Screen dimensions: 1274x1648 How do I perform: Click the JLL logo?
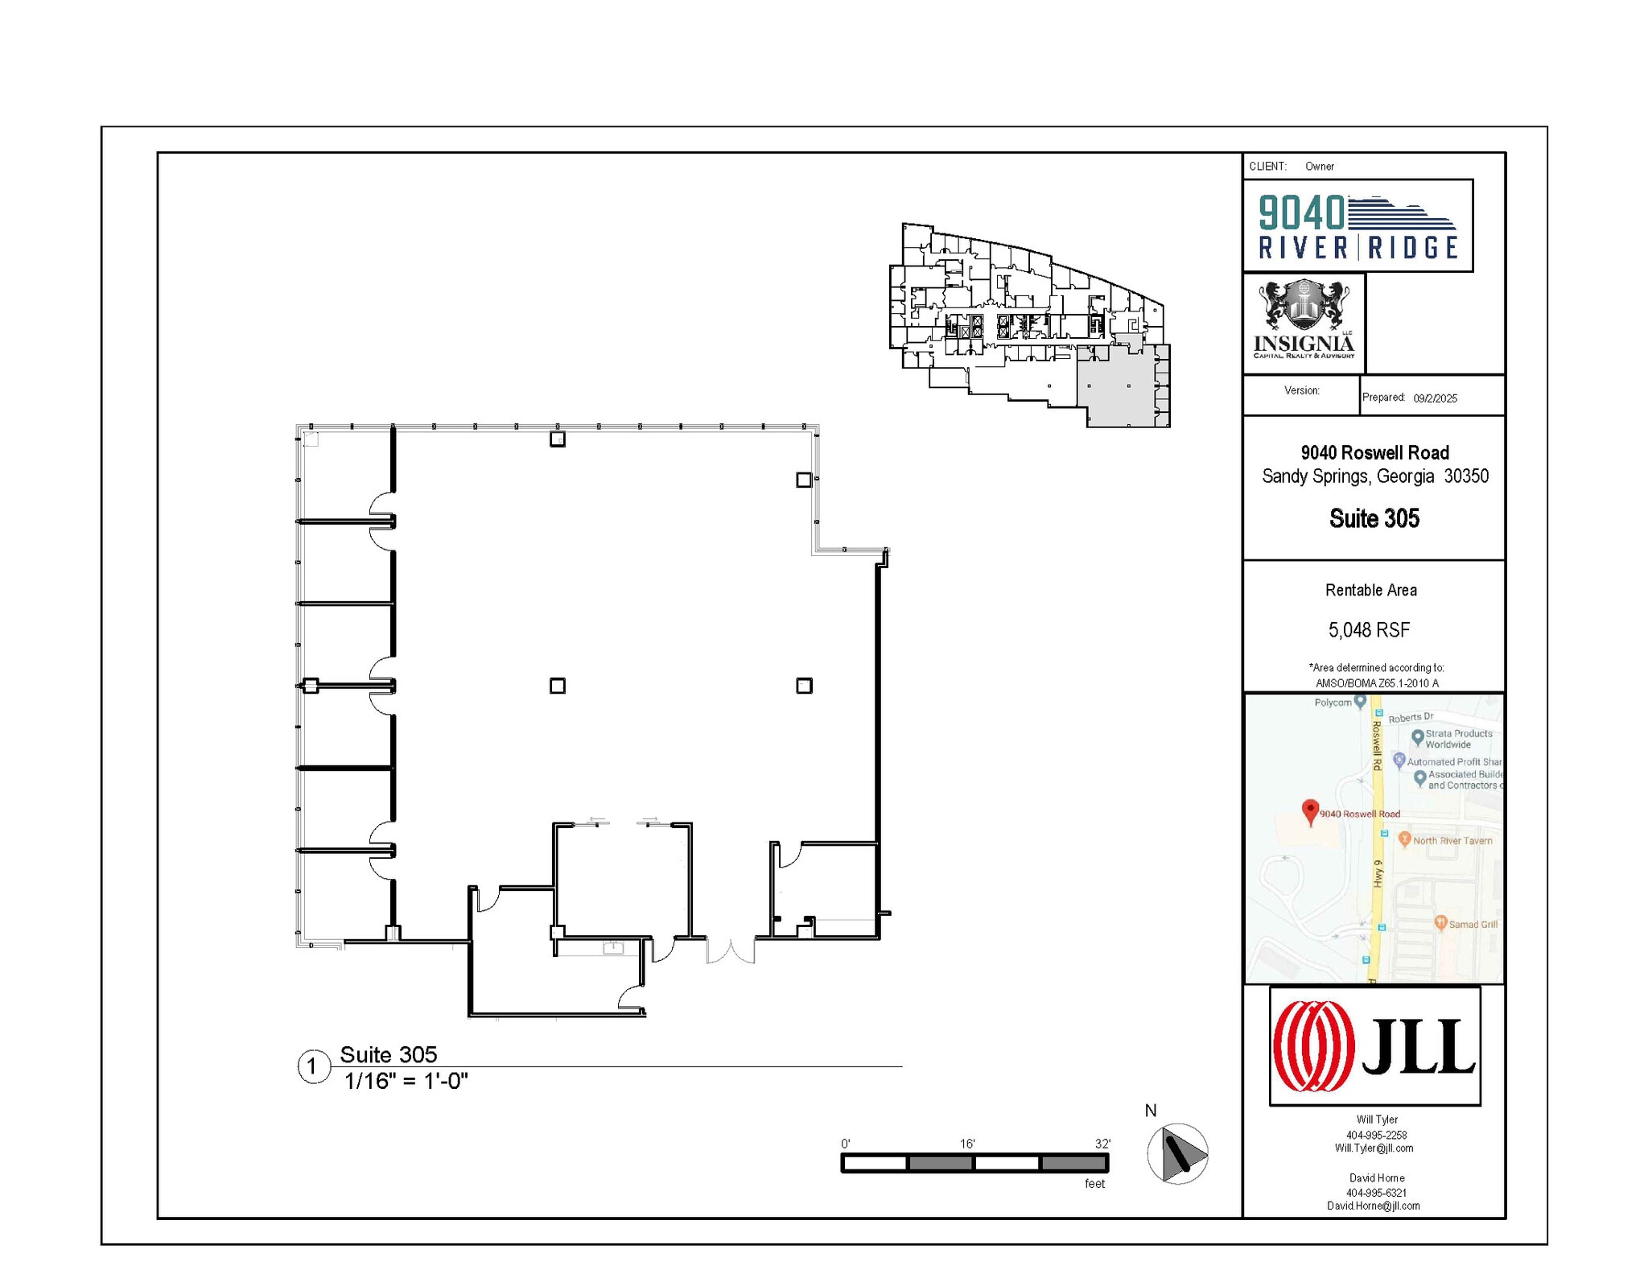tap(1374, 1045)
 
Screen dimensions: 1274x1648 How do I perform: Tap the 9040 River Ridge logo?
tap(1358, 226)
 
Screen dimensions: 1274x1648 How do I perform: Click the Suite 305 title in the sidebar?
tap(1374, 518)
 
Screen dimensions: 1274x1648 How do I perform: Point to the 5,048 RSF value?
tap(1369, 629)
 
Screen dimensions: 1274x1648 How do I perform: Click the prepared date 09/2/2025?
tap(1435, 398)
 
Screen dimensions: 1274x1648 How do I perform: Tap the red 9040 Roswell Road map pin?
tap(1310, 811)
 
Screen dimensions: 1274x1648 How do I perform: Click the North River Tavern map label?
tap(1452, 840)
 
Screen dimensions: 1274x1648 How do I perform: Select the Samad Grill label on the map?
tap(1473, 924)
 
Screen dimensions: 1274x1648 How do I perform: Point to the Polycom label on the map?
tap(1333, 703)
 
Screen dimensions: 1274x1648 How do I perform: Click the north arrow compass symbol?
tap(1177, 1153)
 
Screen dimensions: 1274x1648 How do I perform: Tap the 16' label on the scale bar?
tap(967, 1144)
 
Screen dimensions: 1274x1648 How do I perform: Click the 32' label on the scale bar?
tap(1102, 1144)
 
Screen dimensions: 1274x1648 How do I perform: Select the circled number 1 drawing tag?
tap(313, 1066)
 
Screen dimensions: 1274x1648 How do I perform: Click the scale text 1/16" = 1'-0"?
tap(406, 1081)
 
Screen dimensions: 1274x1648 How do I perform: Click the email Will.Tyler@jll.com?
tap(1374, 1148)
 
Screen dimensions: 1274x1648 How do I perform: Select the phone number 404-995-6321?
tap(1376, 1193)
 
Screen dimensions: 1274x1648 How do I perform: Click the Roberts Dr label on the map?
tap(1411, 717)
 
